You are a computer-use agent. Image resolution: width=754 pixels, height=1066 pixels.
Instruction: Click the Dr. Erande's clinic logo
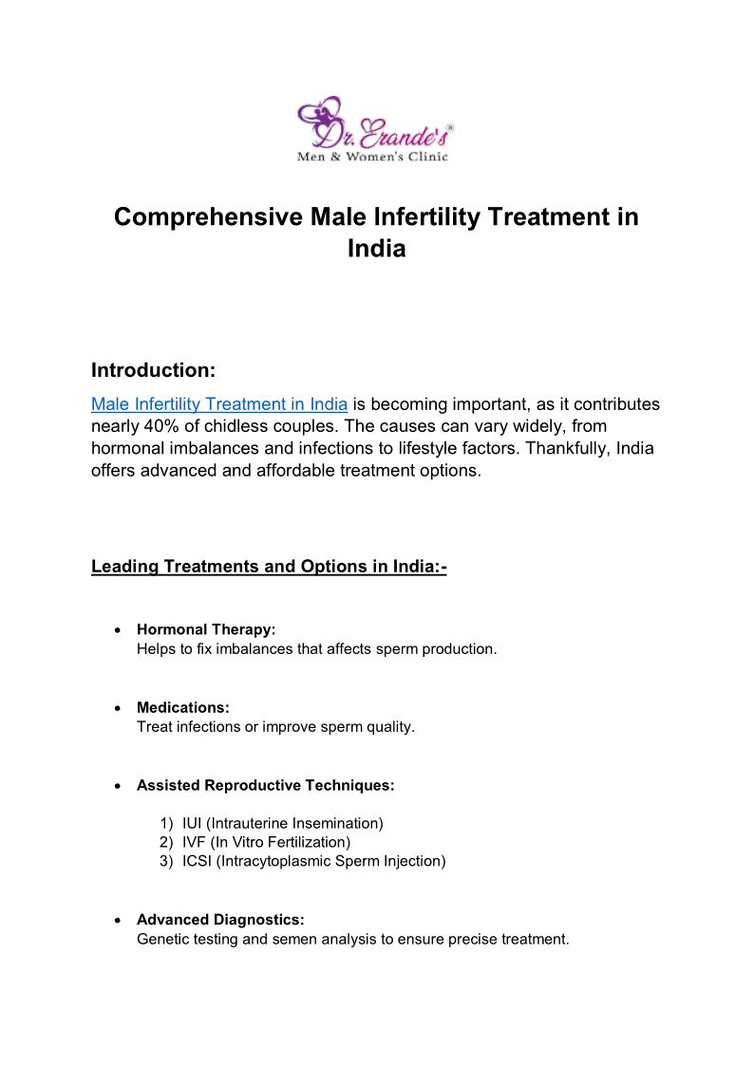[376, 130]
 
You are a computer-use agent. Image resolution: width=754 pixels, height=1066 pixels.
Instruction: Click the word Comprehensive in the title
[208, 216]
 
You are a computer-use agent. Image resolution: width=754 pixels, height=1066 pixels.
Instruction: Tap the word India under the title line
[376, 249]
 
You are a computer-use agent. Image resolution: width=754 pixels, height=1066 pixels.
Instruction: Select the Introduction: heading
[153, 369]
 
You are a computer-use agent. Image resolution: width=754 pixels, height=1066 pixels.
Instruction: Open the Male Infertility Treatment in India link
[219, 404]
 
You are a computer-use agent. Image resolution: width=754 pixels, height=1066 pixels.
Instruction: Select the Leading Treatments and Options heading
[269, 567]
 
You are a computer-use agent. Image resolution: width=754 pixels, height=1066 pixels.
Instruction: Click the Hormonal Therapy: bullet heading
[206, 629]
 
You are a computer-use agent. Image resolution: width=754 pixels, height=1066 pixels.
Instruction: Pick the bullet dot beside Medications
[116, 708]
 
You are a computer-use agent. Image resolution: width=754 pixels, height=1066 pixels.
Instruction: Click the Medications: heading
[183, 708]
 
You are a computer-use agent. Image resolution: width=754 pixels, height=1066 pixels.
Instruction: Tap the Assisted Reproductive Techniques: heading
[265, 786]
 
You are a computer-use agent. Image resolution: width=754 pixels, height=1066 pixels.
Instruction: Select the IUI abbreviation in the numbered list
[193, 823]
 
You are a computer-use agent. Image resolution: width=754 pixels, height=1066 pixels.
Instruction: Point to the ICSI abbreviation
[198, 861]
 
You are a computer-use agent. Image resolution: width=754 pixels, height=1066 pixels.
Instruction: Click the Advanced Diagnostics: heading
[220, 920]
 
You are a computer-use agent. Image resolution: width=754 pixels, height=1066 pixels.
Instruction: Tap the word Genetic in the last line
[162, 940]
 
